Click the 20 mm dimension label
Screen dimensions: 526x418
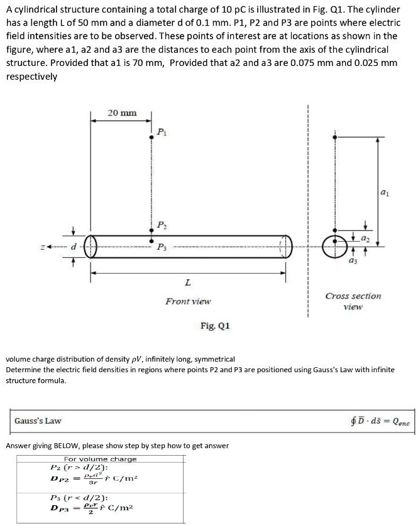point(121,113)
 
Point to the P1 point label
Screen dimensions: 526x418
point(161,132)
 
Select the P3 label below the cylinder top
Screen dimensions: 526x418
point(162,245)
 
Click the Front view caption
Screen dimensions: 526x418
point(188,301)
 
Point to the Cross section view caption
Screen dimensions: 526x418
point(353,301)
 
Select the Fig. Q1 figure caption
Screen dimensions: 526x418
point(215,326)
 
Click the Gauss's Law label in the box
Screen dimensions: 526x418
point(38,421)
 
